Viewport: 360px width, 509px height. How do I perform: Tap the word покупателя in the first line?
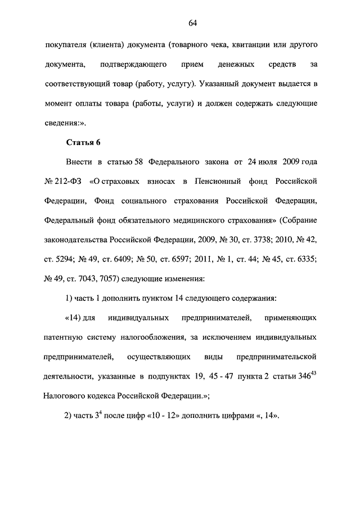(66, 44)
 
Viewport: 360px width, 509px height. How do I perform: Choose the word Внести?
(79, 162)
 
